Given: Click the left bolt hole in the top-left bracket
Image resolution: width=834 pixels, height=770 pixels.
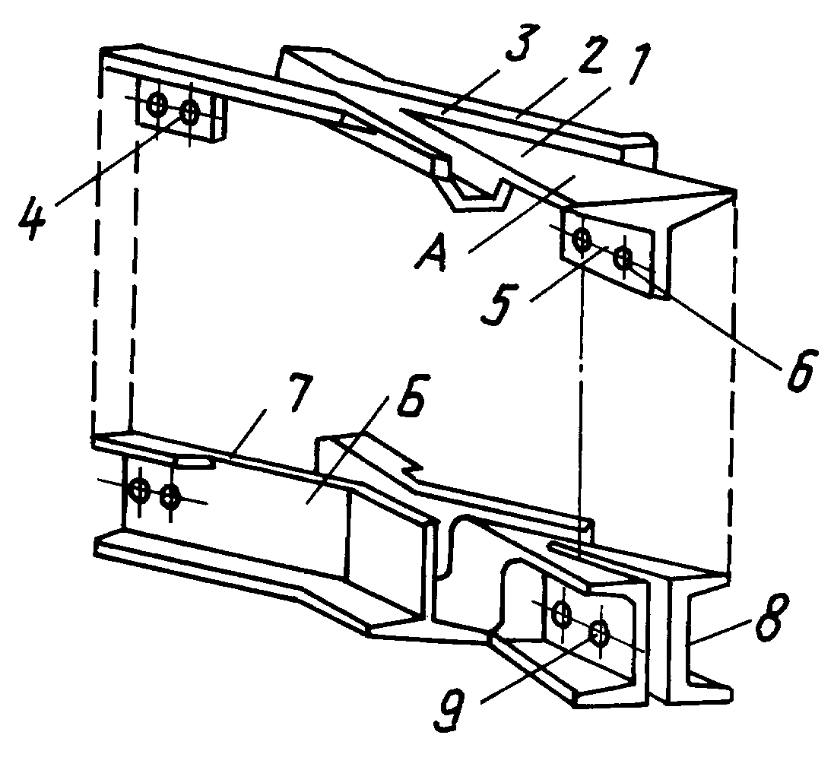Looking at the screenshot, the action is click(x=157, y=103).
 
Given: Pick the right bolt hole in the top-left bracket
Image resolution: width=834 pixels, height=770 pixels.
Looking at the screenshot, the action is click(x=189, y=112).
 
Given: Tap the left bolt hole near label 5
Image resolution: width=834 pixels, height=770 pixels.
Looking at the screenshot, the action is click(x=582, y=239).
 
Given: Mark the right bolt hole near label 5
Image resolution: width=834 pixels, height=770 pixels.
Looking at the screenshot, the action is click(x=623, y=258).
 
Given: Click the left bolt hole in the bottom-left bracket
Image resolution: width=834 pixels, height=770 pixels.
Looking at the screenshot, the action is click(x=140, y=489).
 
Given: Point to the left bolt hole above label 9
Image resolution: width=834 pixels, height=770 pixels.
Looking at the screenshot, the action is click(x=562, y=613).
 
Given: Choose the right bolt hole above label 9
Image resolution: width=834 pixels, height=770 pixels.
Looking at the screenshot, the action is click(x=601, y=632).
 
